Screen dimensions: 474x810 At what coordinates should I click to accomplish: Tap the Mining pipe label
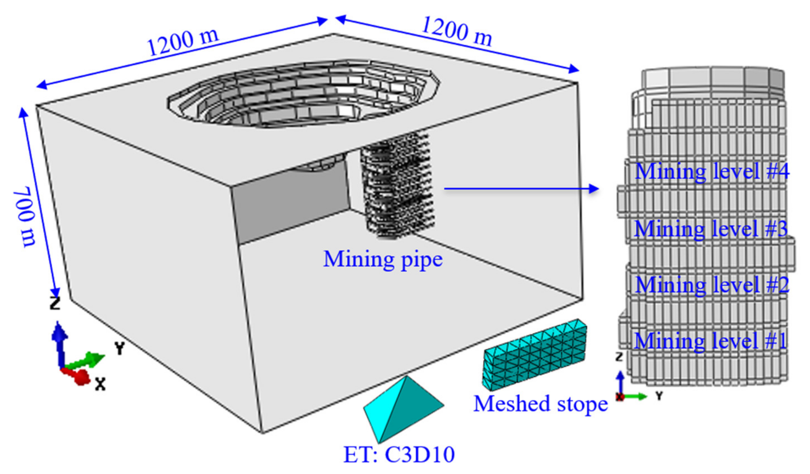pyautogui.click(x=383, y=259)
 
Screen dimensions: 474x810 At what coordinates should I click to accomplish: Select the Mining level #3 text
pyautogui.click(x=710, y=229)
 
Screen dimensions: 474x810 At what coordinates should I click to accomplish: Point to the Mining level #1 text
pyautogui.click(x=710, y=341)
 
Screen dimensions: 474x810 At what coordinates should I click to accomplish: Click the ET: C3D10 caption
pyautogui.click(x=399, y=455)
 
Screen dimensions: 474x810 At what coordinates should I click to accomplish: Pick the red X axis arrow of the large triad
pyautogui.click(x=77, y=376)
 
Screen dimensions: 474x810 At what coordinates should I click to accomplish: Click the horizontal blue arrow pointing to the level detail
pyautogui.click(x=521, y=189)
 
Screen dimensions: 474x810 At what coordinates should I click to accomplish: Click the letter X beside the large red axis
pyautogui.click(x=100, y=384)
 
